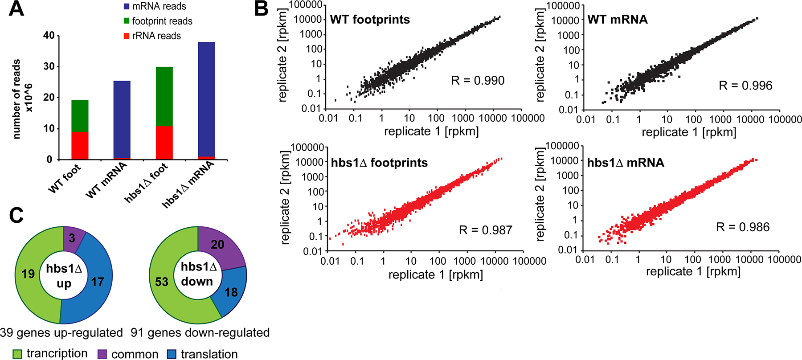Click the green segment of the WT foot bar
tap(80, 116)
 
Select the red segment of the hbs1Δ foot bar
tap(164, 143)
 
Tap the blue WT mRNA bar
tap(122, 119)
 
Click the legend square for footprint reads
tap(127, 21)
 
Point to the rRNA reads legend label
tap(156, 36)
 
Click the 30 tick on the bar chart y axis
tap(49, 66)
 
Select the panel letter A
tap(16, 8)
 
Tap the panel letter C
tap(16, 216)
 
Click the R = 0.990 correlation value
tap(478, 81)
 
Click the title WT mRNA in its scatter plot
tap(618, 20)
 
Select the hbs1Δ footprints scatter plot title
tap(379, 163)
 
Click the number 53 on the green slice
tap(162, 282)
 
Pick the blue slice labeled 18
tap(231, 292)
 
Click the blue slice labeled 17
tap(98, 282)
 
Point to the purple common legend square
tap(102, 354)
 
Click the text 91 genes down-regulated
tap(200, 333)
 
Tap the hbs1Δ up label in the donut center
tap(64, 276)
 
